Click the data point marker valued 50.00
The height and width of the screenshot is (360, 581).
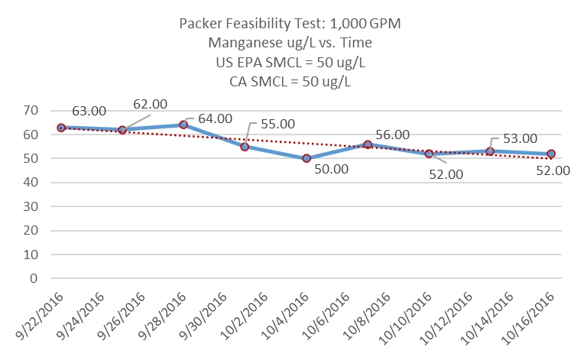point(306,158)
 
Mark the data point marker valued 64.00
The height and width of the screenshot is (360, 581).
point(183,125)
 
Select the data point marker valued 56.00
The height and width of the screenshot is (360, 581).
point(368,144)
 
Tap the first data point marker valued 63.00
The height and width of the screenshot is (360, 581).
point(60,128)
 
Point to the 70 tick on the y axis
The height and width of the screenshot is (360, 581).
point(31,111)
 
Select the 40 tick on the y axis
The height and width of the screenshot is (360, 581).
point(31,183)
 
